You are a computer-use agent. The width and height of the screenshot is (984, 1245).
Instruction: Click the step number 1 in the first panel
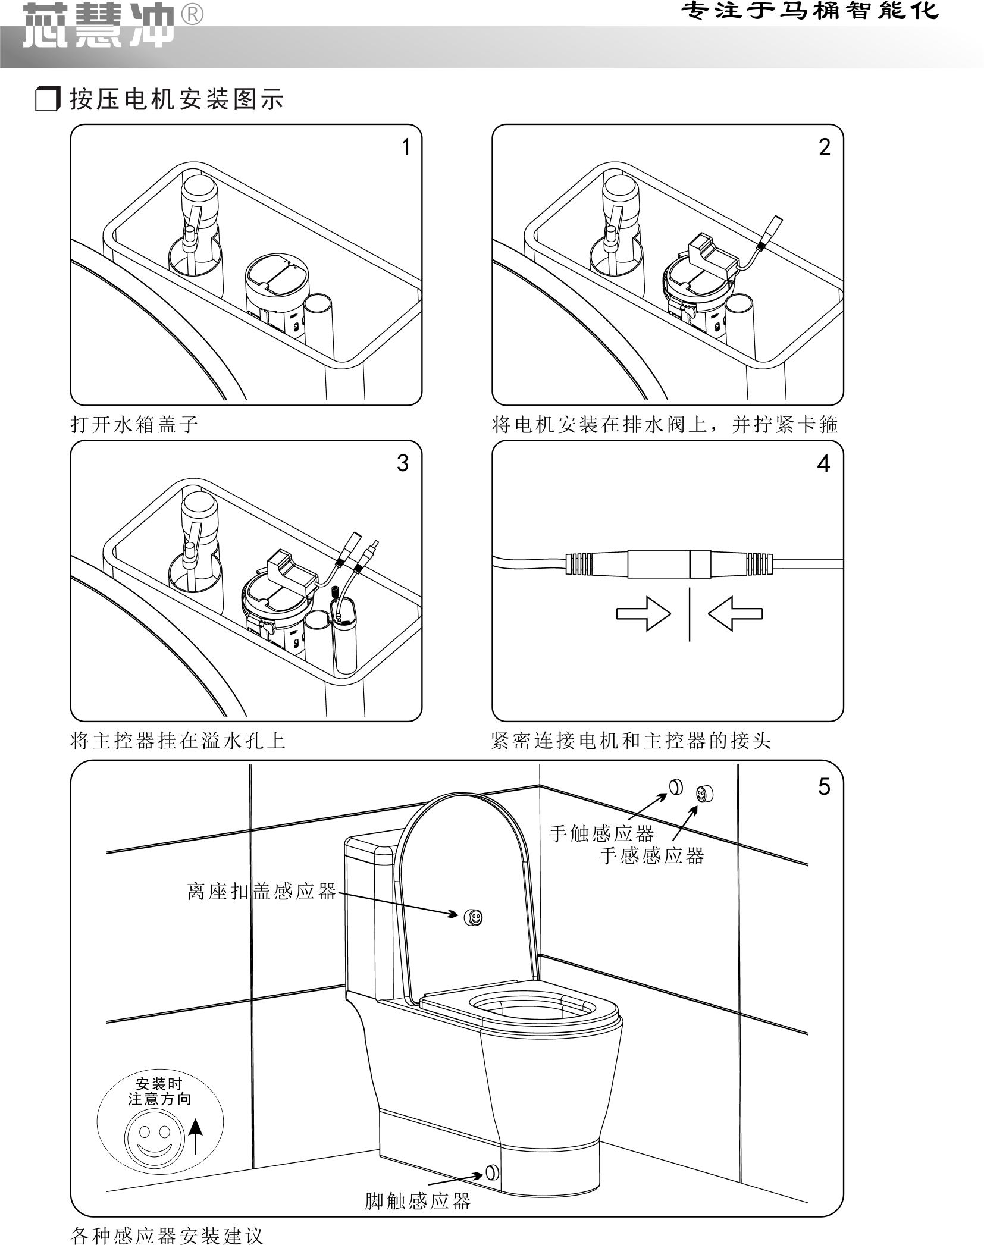click(x=406, y=147)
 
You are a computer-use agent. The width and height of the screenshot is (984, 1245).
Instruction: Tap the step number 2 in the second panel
click(x=824, y=147)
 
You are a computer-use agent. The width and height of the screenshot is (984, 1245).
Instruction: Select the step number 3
click(x=403, y=463)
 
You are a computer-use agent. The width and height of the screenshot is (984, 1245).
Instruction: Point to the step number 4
click(x=823, y=463)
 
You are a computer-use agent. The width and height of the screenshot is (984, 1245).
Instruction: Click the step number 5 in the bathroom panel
click(x=824, y=786)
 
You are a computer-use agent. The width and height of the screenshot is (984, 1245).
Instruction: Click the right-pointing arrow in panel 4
click(x=643, y=613)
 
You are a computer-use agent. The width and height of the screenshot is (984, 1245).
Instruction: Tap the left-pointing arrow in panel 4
click(x=735, y=613)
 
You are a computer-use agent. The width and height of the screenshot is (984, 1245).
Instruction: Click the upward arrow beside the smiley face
click(x=195, y=1135)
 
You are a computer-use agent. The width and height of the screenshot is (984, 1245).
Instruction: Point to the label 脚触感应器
click(x=418, y=1201)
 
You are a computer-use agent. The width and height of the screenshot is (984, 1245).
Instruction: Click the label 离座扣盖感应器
click(x=262, y=892)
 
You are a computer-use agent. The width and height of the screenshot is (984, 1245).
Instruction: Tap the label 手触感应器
click(x=601, y=833)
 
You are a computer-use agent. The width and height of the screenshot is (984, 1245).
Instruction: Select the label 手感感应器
click(x=651, y=855)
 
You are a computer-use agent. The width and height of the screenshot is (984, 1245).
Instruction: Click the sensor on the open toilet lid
click(x=474, y=917)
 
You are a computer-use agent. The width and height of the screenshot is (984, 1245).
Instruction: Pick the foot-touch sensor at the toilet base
click(x=493, y=1172)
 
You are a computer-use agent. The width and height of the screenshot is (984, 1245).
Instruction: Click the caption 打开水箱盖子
click(x=134, y=424)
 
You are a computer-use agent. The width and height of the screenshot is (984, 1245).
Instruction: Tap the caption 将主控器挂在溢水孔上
click(x=178, y=741)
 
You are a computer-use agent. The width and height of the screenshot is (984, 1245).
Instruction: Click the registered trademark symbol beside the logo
click(x=191, y=14)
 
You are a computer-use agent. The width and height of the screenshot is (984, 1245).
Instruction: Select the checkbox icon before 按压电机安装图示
click(x=48, y=99)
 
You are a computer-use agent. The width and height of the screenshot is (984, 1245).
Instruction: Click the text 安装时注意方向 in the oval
click(x=159, y=1092)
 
